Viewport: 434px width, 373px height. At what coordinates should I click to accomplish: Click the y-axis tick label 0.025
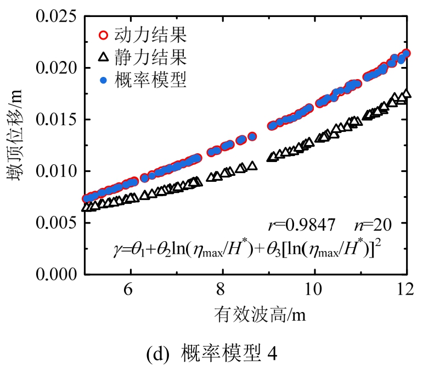pyautogui.click(x=54, y=16)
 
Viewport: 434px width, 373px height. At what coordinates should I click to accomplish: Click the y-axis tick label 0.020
pyautogui.click(x=54, y=68)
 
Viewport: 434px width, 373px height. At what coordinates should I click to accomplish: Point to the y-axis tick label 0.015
pyautogui.click(x=54, y=119)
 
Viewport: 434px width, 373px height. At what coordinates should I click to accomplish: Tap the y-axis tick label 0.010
pyautogui.click(x=54, y=171)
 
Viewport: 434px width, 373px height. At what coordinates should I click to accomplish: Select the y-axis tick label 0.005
pyautogui.click(x=54, y=222)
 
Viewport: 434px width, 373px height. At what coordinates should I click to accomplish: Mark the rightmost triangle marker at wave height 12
pyautogui.click(x=407, y=93)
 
